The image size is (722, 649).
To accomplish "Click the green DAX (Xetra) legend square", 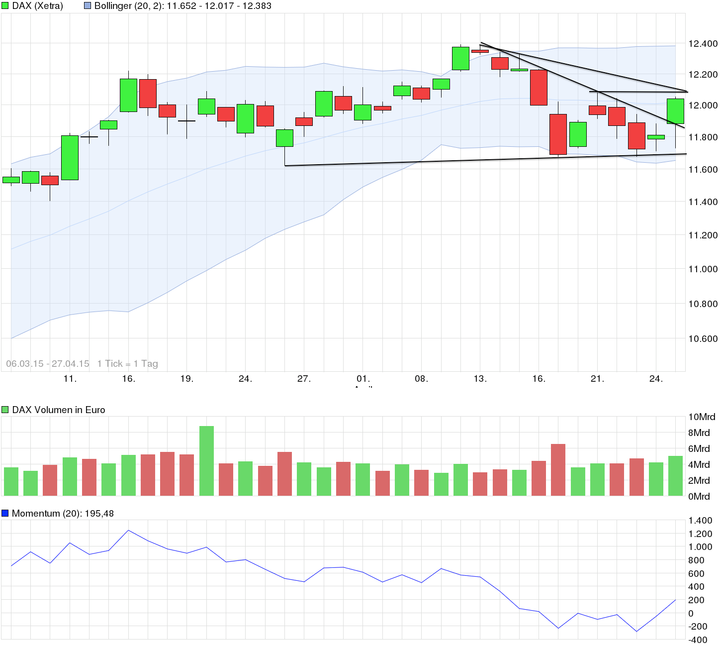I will (5, 6).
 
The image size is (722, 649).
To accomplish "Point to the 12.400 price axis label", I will (703, 44).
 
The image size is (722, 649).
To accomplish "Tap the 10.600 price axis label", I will (703, 339).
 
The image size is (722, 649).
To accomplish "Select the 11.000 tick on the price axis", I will (703, 269).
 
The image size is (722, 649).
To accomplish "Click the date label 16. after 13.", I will (539, 379).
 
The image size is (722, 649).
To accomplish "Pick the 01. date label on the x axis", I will (363, 379).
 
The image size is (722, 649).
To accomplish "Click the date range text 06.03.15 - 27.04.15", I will (48, 364).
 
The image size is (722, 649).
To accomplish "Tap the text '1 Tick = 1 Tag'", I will (128, 364).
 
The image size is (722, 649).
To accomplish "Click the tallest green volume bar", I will (206, 460).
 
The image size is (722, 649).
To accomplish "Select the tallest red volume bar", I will (558, 469).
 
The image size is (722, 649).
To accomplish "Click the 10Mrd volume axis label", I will (702, 417).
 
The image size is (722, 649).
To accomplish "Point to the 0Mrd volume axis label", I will (699, 497).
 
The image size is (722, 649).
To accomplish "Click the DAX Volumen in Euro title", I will (59, 410).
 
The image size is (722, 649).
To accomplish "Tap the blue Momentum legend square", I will (5, 513).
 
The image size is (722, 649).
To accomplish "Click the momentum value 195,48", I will (99, 514).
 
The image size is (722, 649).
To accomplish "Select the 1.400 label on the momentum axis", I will (700, 521).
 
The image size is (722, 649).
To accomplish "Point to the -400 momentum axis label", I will (698, 640).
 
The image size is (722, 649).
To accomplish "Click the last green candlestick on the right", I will (675, 111).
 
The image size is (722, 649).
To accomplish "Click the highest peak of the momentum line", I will (128, 531).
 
